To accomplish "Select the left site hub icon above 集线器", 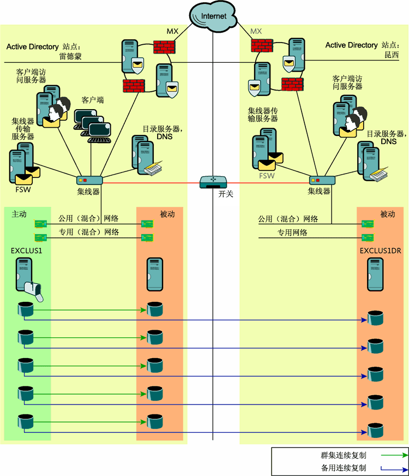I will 88,180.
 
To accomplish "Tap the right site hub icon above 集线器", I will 322,180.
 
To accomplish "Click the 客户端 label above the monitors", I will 93,100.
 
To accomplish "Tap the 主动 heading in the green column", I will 19,215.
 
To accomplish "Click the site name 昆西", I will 392,56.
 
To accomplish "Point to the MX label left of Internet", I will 172,31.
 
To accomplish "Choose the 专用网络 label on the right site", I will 292,232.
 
